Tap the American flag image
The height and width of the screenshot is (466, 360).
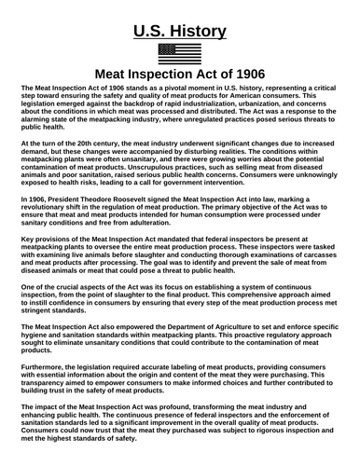coord(180,53)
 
